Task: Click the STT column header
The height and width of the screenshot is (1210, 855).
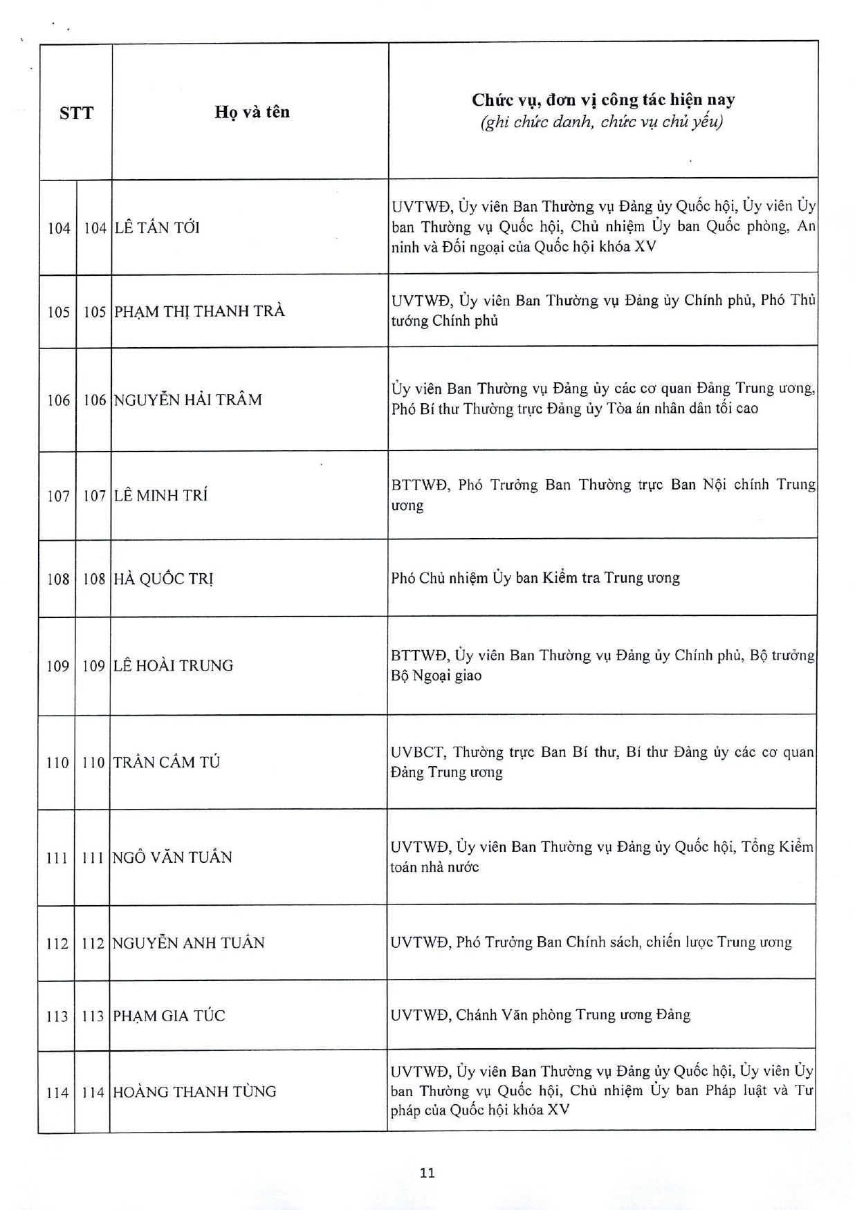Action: [x=76, y=113]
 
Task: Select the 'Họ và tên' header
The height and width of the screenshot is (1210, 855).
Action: [x=252, y=112]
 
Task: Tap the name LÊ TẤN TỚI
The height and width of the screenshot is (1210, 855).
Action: [x=157, y=227]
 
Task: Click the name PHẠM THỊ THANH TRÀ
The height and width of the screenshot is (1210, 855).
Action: [x=199, y=311]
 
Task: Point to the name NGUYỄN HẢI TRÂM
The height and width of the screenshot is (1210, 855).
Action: [x=187, y=400]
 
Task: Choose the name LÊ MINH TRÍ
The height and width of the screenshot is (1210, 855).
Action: [x=160, y=495]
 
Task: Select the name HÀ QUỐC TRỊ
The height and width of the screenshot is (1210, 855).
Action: [x=163, y=579]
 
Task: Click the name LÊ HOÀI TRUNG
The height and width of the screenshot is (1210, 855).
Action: [x=173, y=665]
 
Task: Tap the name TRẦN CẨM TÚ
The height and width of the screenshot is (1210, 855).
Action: [x=166, y=762]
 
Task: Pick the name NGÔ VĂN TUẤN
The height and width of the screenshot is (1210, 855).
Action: [x=172, y=857]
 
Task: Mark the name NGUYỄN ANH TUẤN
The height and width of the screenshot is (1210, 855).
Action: [x=188, y=942]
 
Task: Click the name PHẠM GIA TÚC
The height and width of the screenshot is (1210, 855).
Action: [x=169, y=1016]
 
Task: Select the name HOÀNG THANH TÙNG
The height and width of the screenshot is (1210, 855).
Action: [x=194, y=1092]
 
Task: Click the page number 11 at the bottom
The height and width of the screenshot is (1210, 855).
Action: [x=427, y=1173]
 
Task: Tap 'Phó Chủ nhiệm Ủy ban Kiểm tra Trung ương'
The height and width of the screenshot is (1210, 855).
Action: [x=535, y=578]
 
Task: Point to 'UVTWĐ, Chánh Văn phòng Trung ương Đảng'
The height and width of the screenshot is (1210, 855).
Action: [x=540, y=1015]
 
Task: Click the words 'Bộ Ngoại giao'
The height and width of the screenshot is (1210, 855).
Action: [x=436, y=676]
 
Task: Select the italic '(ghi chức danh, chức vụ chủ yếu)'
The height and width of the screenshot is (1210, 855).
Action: [x=602, y=122]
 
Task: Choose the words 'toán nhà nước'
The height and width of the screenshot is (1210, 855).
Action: [x=434, y=867]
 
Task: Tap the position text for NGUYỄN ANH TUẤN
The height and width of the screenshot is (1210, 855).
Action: [x=591, y=942]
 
